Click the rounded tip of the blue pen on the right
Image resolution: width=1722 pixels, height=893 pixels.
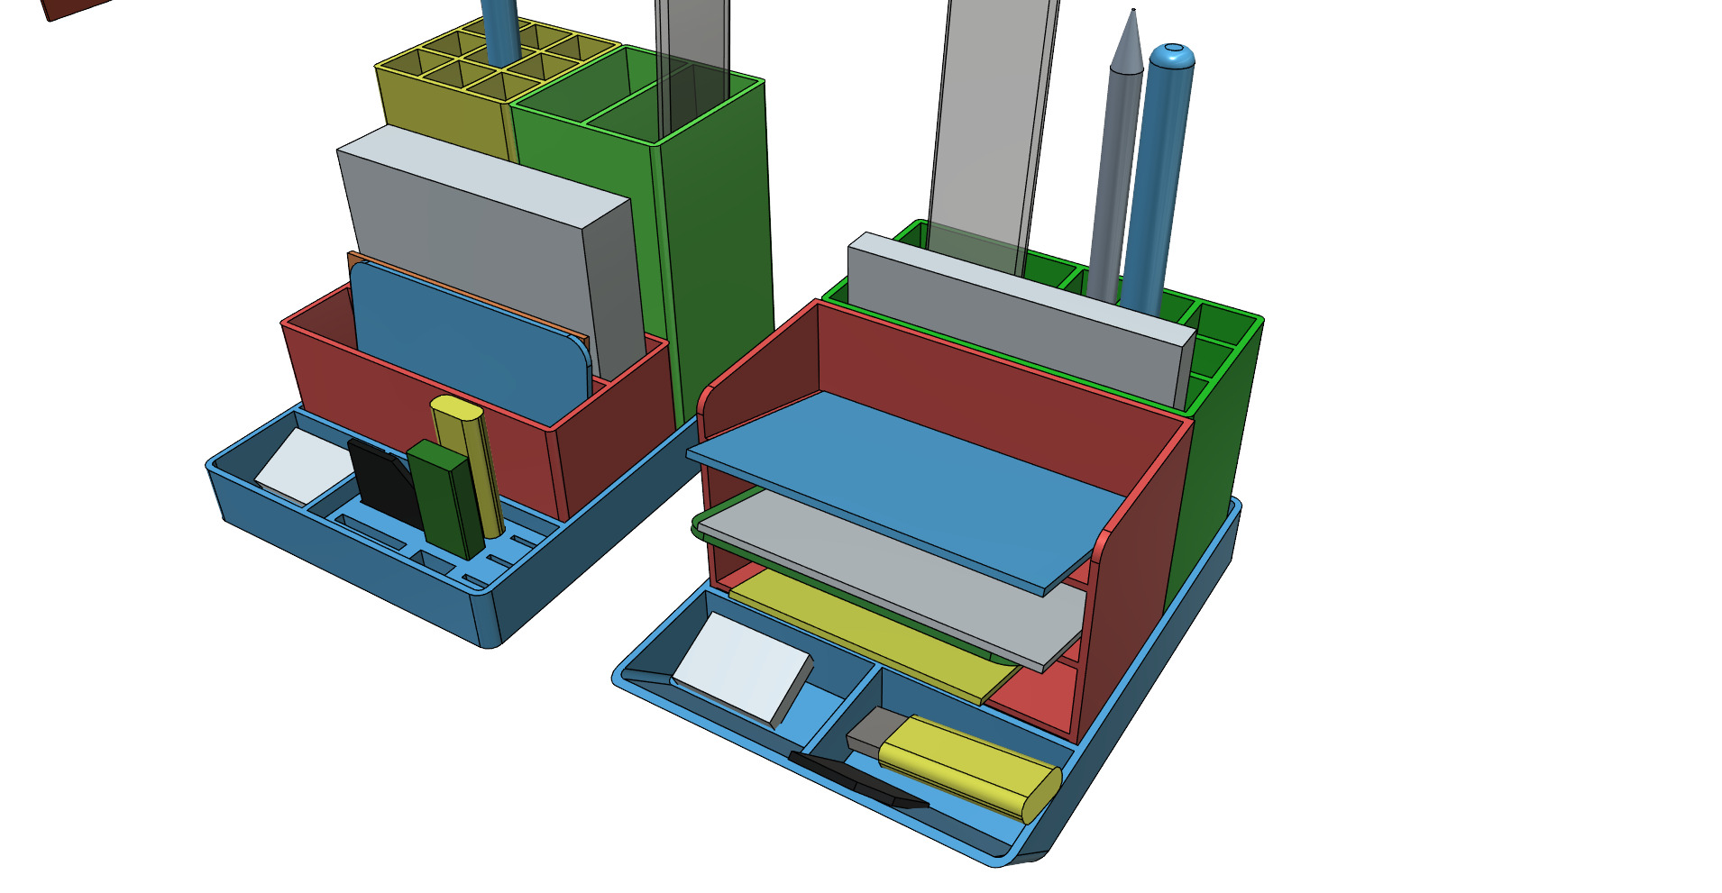coord(1173,56)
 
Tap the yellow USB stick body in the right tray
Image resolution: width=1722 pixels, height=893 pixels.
coord(969,766)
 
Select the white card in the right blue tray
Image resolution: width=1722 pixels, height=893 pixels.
coord(739,667)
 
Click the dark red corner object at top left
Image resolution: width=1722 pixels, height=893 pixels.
coord(72,7)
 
